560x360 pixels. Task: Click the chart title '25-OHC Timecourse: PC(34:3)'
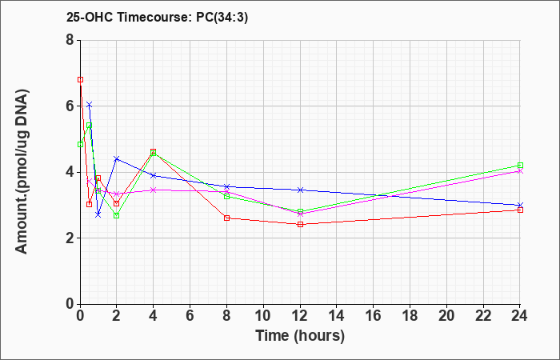(157, 18)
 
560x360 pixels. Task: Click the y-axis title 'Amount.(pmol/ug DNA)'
(22, 172)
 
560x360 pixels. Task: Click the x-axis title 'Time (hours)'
(300, 336)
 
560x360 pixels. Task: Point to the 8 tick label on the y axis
(70, 40)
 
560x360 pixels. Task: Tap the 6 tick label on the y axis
(70, 106)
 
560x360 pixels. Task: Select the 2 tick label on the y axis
(70, 238)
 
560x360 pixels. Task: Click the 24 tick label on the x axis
(519, 316)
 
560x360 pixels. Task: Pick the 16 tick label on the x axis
(373, 316)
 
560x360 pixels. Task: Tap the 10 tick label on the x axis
(263, 316)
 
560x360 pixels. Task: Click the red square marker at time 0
(80, 80)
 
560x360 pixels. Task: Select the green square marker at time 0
(80, 144)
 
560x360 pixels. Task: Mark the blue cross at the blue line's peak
(90, 104)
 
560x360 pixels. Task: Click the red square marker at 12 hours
(300, 224)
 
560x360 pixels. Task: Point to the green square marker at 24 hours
(520, 166)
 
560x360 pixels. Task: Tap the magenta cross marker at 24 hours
(520, 171)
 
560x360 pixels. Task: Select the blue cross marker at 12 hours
(300, 190)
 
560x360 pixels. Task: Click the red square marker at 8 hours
(226, 218)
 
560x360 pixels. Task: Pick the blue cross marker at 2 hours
(117, 158)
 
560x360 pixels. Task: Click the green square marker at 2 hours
(117, 215)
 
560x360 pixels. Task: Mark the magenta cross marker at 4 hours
(154, 190)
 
